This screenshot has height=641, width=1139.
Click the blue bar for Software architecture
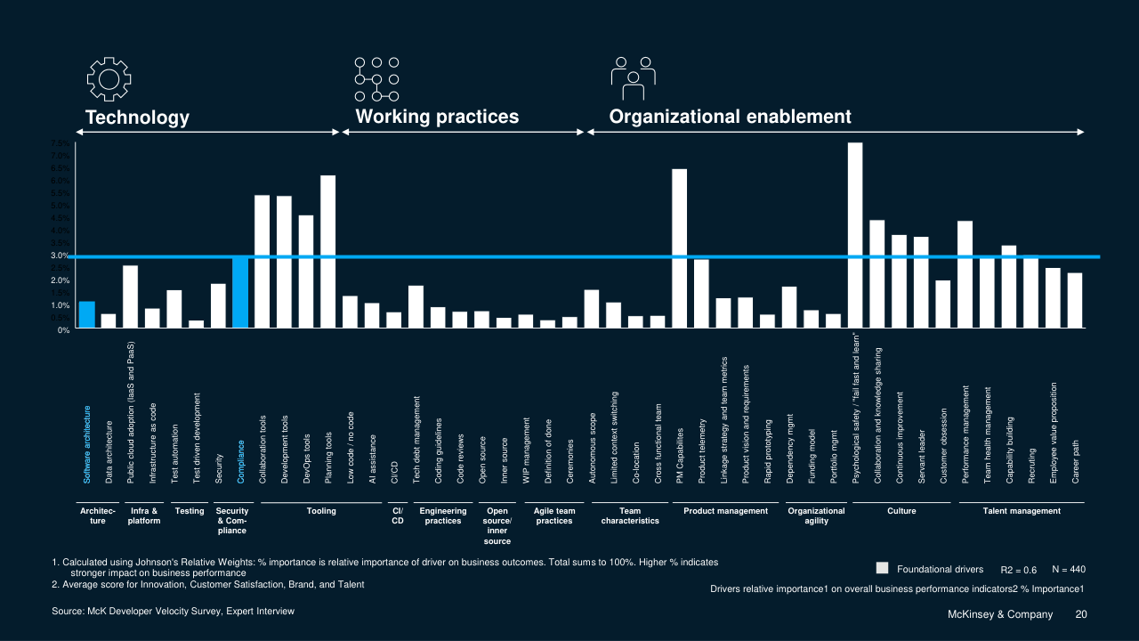(x=86, y=315)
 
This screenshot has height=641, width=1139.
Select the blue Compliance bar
(x=240, y=292)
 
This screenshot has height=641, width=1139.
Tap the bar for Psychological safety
(x=855, y=236)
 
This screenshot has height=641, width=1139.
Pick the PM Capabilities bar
(x=679, y=249)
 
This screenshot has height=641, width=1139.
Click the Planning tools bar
(x=327, y=252)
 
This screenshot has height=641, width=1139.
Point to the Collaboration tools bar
(x=263, y=262)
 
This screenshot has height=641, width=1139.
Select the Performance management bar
(x=965, y=275)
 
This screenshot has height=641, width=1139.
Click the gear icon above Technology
(x=109, y=79)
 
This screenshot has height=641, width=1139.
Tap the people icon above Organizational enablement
(x=633, y=79)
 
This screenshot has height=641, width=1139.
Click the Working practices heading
(x=437, y=117)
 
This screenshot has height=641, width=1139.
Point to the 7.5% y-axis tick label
(x=60, y=143)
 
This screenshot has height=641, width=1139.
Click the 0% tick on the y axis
(x=63, y=330)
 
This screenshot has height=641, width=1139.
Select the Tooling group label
(x=321, y=511)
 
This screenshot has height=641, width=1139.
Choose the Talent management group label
(x=1022, y=511)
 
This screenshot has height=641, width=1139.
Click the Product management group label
(x=725, y=511)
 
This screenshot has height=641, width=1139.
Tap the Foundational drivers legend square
(x=883, y=568)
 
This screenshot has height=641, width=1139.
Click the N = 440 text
(x=1068, y=569)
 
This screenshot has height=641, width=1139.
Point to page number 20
(x=1081, y=614)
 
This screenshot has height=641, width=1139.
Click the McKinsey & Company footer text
(x=999, y=614)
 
